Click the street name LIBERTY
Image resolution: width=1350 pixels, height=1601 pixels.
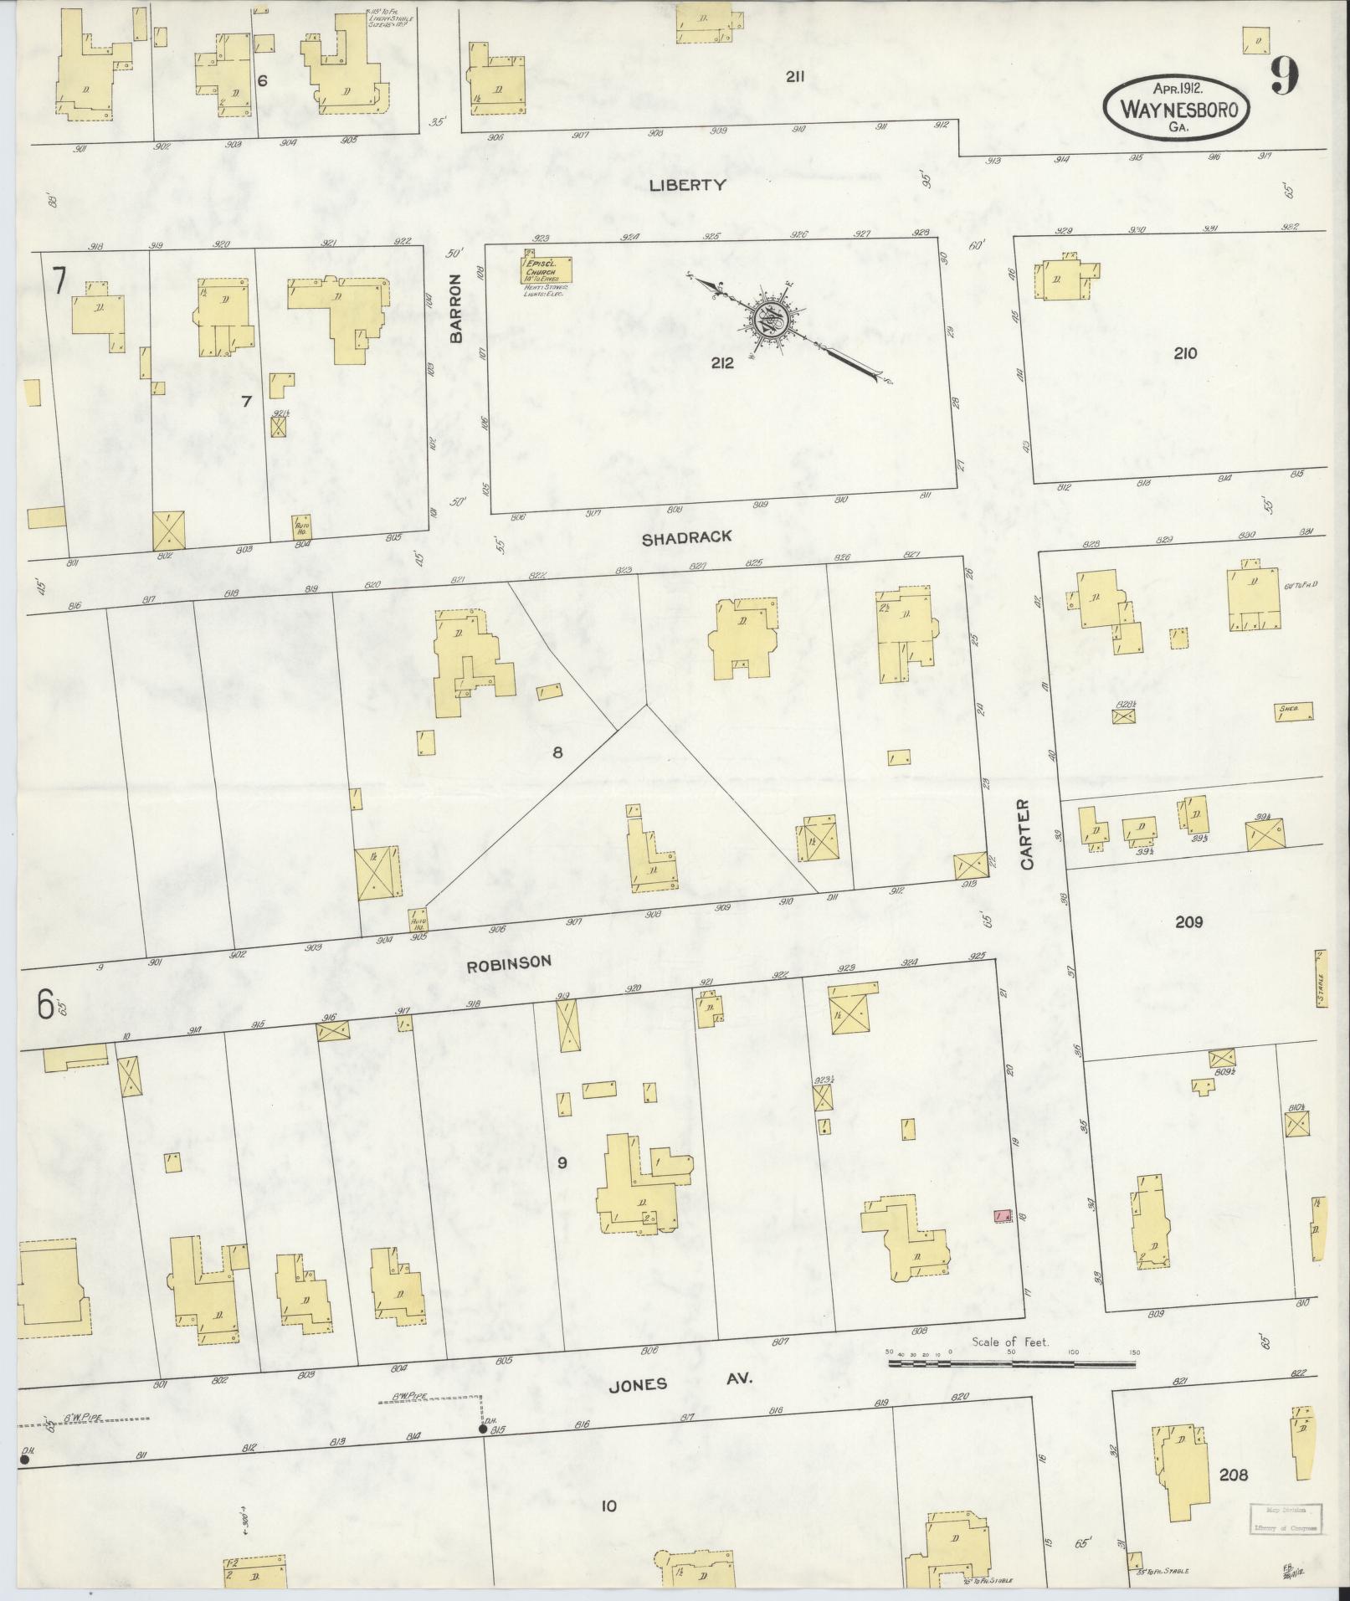[687, 185]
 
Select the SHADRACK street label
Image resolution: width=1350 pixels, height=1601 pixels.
[687, 538]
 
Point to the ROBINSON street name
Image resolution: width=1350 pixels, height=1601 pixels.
[509, 962]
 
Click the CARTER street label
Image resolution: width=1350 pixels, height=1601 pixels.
[1029, 834]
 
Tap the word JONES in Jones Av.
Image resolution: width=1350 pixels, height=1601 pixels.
[638, 1384]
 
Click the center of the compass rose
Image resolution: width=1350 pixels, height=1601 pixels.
[767, 320]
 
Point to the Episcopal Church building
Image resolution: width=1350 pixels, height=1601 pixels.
[550, 269]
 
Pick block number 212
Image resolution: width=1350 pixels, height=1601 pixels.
[721, 363]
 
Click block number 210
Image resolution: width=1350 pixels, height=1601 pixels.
[1185, 353]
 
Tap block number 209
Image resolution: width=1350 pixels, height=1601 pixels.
[1188, 921]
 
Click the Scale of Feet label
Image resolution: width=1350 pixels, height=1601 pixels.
[1010, 1342]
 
